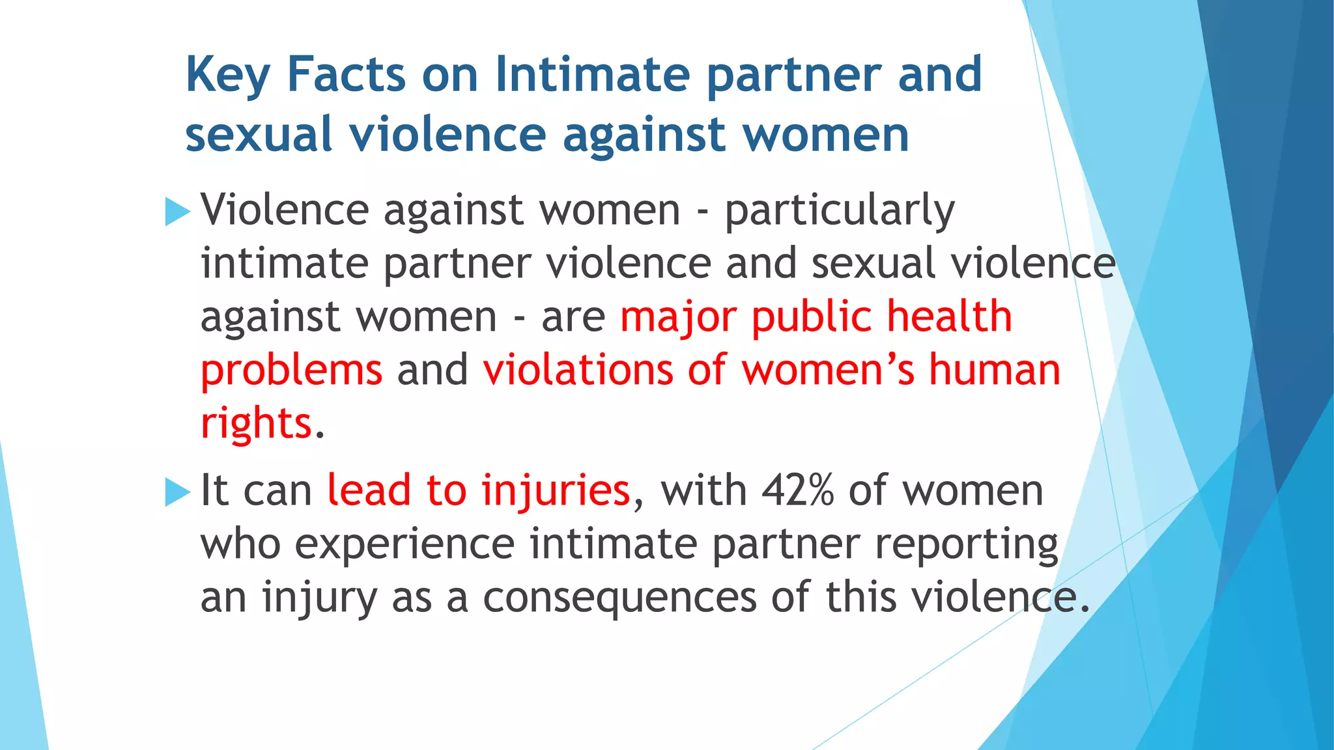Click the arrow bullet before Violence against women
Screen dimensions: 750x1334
click(x=177, y=212)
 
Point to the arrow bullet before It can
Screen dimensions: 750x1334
click(x=177, y=492)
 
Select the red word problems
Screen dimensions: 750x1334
click(x=291, y=371)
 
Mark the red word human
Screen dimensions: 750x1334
click(x=994, y=370)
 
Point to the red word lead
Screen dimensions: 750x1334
click(x=369, y=490)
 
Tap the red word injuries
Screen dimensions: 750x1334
click(x=555, y=492)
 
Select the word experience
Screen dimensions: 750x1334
click(x=404, y=545)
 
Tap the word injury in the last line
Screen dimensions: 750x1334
click(x=319, y=598)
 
